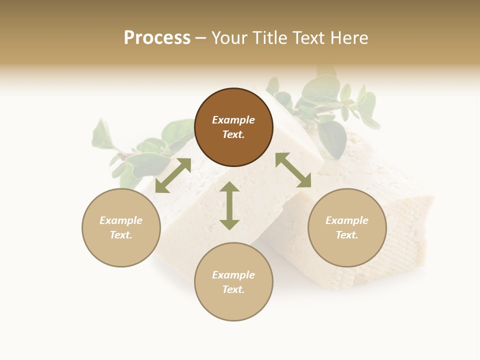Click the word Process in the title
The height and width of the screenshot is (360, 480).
[x=157, y=38]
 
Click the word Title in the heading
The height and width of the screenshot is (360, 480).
[x=270, y=38]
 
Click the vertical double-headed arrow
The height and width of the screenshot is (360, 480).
[x=229, y=205]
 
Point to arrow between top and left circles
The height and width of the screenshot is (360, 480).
[x=173, y=175]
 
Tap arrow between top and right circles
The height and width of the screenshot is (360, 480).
[x=293, y=170]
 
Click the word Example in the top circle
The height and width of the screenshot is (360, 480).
[x=233, y=120]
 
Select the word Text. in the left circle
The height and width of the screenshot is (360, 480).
[x=121, y=235]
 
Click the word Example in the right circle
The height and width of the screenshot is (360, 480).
[x=347, y=220]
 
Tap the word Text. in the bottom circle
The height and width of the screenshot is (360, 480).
[x=233, y=289]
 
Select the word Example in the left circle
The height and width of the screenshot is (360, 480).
[x=121, y=220]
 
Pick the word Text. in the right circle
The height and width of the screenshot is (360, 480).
[x=347, y=235]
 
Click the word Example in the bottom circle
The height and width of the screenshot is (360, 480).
[x=233, y=275]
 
